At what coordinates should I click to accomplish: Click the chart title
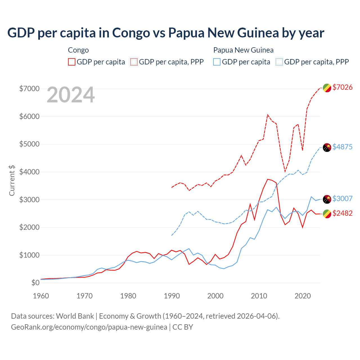coord(166,33)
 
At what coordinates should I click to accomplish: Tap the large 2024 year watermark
coord(71,95)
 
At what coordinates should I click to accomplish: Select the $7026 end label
coord(342,87)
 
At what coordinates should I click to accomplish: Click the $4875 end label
coord(342,147)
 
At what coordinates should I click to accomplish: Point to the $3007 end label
coord(342,199)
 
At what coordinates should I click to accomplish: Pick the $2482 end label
coord(342,213)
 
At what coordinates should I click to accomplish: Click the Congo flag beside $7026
coord(327,88)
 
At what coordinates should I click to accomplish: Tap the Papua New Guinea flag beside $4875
coord(327,147)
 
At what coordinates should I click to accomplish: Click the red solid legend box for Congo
coord(72,62)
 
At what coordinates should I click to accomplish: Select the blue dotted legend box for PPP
coord(279,62)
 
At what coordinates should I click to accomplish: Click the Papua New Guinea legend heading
coord(243,50)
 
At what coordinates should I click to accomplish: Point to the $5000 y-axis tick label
coord(29,144)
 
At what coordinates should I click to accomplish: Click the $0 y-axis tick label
coord(35,283)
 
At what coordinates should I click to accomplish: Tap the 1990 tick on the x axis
coord(172,296)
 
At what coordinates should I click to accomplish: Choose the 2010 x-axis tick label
coord(259,296)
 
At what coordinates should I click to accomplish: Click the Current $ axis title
coord(12,180)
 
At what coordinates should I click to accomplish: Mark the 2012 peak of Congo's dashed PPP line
coord(267,114)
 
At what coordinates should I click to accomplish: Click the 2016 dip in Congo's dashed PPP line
coord(285,171)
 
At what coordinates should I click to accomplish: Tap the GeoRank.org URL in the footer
coord(89,327)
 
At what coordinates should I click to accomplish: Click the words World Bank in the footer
coord(75,316)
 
